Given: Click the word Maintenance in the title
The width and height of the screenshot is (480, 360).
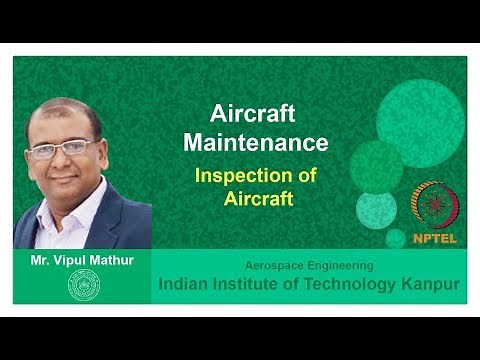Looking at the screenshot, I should pyautogui.click(x=256, y=142).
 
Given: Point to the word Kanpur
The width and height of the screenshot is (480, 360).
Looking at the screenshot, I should pyautogui.click(x=424, y=284).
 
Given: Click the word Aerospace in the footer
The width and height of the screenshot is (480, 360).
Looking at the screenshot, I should pyautogui.click(x=275, y=266).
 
